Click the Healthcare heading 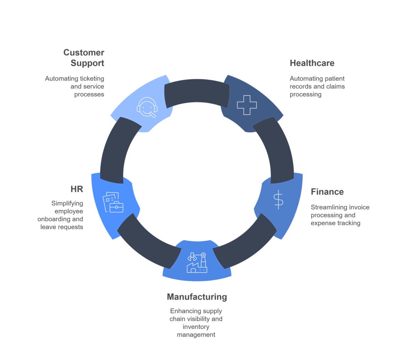(x=312, y=63)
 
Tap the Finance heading (x=327, y=192)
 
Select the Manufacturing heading (x=197, y=297)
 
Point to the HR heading (x=77, y=189)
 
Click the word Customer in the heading (x=84, y=52)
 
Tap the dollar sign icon (x=278, y=200)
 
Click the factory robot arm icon (x=197, y=262)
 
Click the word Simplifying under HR (x=67, y=203)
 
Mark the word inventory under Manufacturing (x=196, y=327)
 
